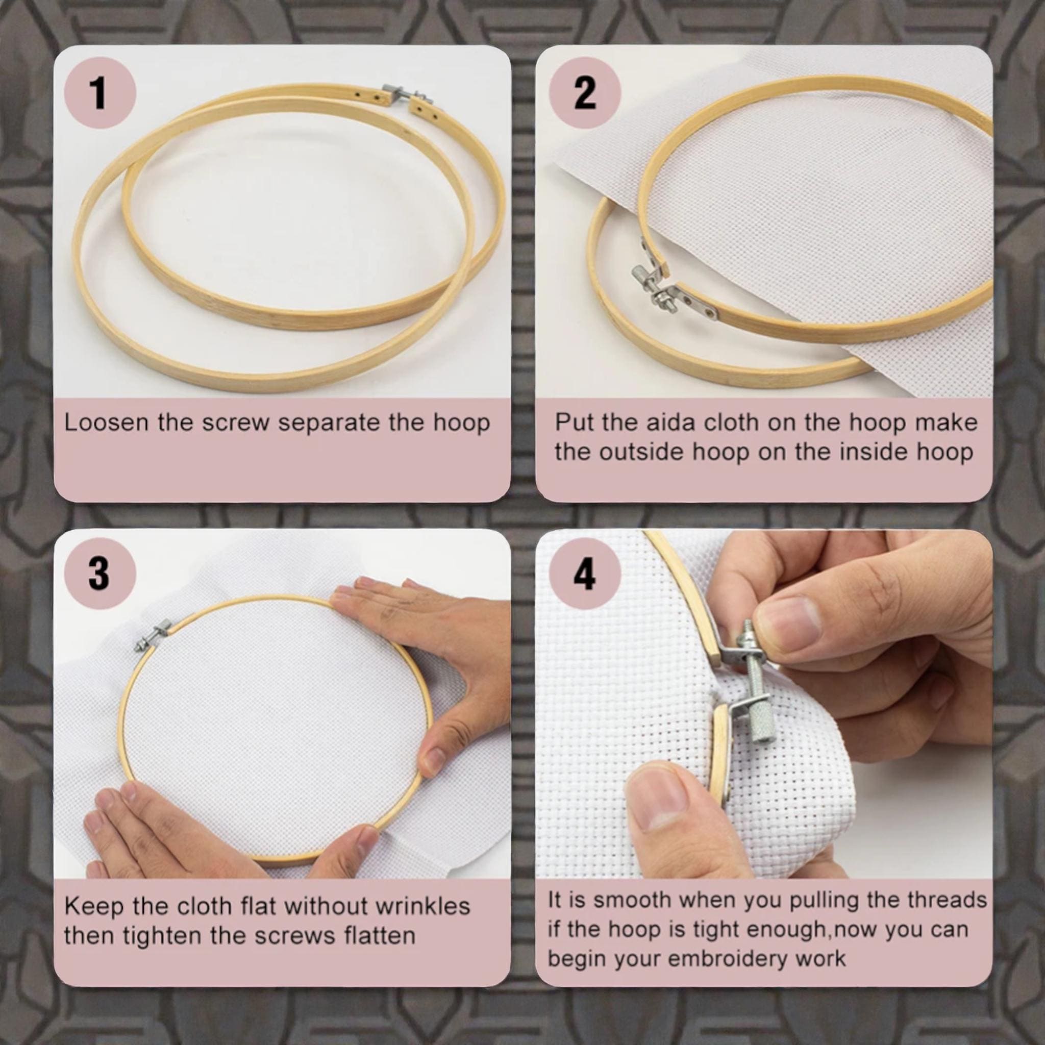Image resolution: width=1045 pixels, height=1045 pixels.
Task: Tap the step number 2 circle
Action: [x=585, y=92]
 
